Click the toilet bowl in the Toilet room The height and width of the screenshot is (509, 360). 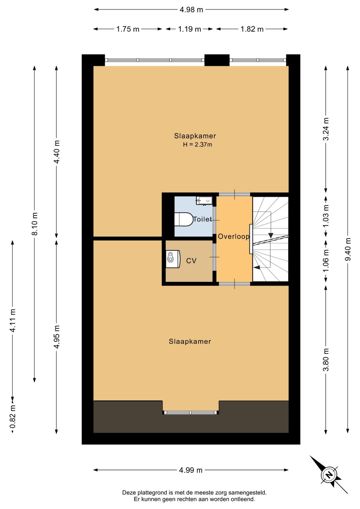(x=184, y=219)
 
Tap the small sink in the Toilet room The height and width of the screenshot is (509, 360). (x=204, y=201)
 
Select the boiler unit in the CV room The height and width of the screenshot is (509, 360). (x=173, y=259)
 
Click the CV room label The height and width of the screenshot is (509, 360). (x=191, y=261)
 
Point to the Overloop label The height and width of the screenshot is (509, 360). (x=234, y=236)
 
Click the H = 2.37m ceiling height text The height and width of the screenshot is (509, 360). (x=198, y=144)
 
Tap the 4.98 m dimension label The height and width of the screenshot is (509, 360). (x=191, y=10)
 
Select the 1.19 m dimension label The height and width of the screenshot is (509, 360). (x=189, y=29)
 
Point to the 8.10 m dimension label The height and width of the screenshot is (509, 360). (x=35, y=224)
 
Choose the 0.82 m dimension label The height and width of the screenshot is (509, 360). (x=13, y=417)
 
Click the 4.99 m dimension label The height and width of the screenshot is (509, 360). (x=191, y=470)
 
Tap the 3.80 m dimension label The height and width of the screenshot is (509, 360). (x=326, y=360)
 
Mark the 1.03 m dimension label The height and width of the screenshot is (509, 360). (x=326, y=216)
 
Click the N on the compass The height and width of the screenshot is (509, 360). (x=328, y=475)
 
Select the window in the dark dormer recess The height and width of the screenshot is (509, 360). (x=191, y=412)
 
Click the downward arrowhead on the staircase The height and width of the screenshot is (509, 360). (x=270, y=235)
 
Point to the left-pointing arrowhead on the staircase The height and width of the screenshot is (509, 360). (x=257, y=268)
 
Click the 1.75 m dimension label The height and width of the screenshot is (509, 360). (x=128, y=29)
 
